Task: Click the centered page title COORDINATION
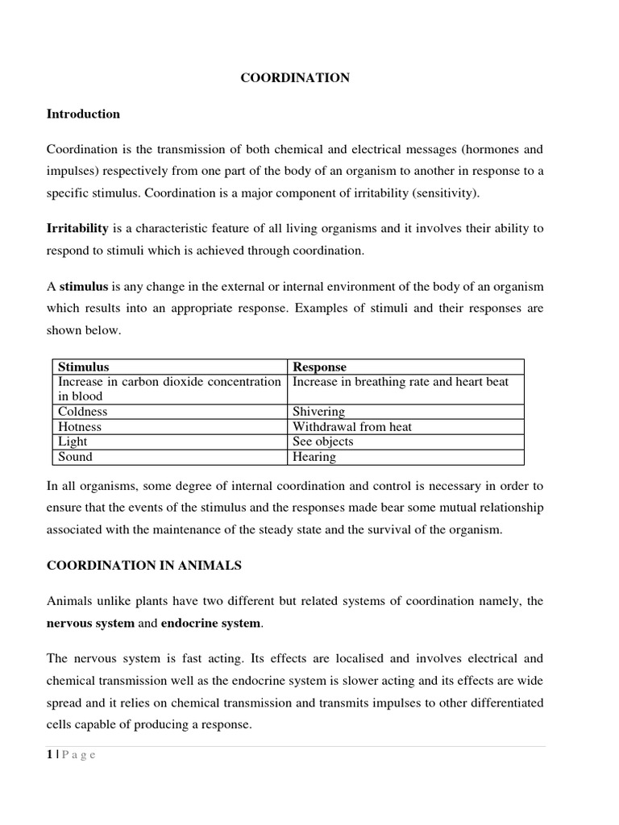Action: click(x=296, y=78)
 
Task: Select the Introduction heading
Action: click(x=83, y=114)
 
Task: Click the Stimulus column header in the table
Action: click(x=84, y=367)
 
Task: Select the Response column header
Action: click(x=319, y=367)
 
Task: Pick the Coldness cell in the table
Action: click(x=82, y=412)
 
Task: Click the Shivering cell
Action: click(x=318, y=412)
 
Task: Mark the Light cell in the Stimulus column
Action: click(x=73, y=442)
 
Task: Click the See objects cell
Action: click(x=322, y=442)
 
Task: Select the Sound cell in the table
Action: click(x=75, y=457)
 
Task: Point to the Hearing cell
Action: click(x=314, y=457)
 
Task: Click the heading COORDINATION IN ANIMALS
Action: click(x=144, y=566)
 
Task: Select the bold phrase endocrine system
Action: click(x=210, y=624)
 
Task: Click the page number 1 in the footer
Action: click(x=50, y=755)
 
